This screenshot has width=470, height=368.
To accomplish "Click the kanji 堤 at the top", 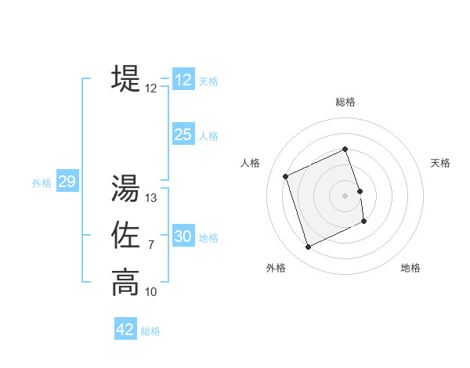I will tap(125, 78).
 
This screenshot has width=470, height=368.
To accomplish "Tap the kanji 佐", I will tap(125, 235).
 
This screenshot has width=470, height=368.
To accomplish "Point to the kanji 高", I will tap(125, 282).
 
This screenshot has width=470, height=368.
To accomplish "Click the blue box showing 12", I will tap(183, 80).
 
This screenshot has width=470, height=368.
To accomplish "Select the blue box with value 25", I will tap(183, 135).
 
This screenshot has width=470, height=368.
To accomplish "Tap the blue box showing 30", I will tap(183, 236).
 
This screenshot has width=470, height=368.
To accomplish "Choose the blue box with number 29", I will tap(67, 182).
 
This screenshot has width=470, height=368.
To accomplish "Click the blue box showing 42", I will tap(125, 330).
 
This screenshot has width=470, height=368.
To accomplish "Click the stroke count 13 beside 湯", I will tap(151, 198).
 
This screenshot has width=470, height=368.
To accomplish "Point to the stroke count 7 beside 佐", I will tap(151, 245).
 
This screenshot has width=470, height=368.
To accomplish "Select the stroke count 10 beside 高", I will tap(151, 292).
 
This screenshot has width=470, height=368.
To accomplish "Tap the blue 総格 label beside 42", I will tap(150, 331).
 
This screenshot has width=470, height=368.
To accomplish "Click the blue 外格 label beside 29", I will tap(42, 183).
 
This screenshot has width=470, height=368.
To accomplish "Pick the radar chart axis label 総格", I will tap(345, 102).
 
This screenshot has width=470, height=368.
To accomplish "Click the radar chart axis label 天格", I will tap(441, 163).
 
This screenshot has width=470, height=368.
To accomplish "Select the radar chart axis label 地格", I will tap(410, 268).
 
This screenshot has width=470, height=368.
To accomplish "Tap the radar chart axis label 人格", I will tap(250, 163).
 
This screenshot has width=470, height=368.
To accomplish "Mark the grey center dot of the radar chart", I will tap(345, 195).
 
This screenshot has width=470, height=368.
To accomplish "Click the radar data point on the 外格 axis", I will tap(308, 247).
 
